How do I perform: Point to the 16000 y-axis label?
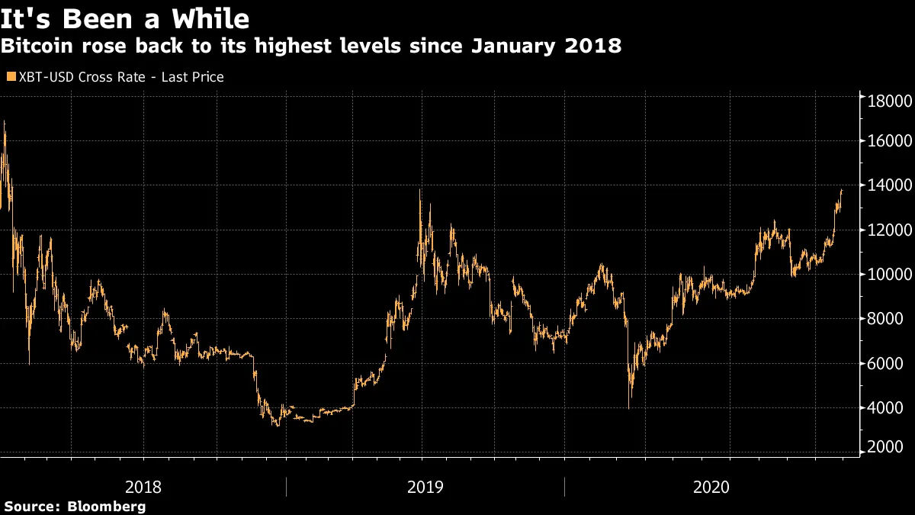(x=885, y=141)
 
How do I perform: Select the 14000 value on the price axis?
(x=885, y=185)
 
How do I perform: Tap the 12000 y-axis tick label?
(x=885, y=230)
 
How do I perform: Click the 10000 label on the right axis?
(x=885, y=274)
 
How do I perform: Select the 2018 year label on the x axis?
(x=143, y=487)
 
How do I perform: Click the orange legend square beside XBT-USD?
(x=10, y=77)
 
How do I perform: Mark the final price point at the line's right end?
(x=842, y=190)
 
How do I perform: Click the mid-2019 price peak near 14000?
(x=420, y=191)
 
